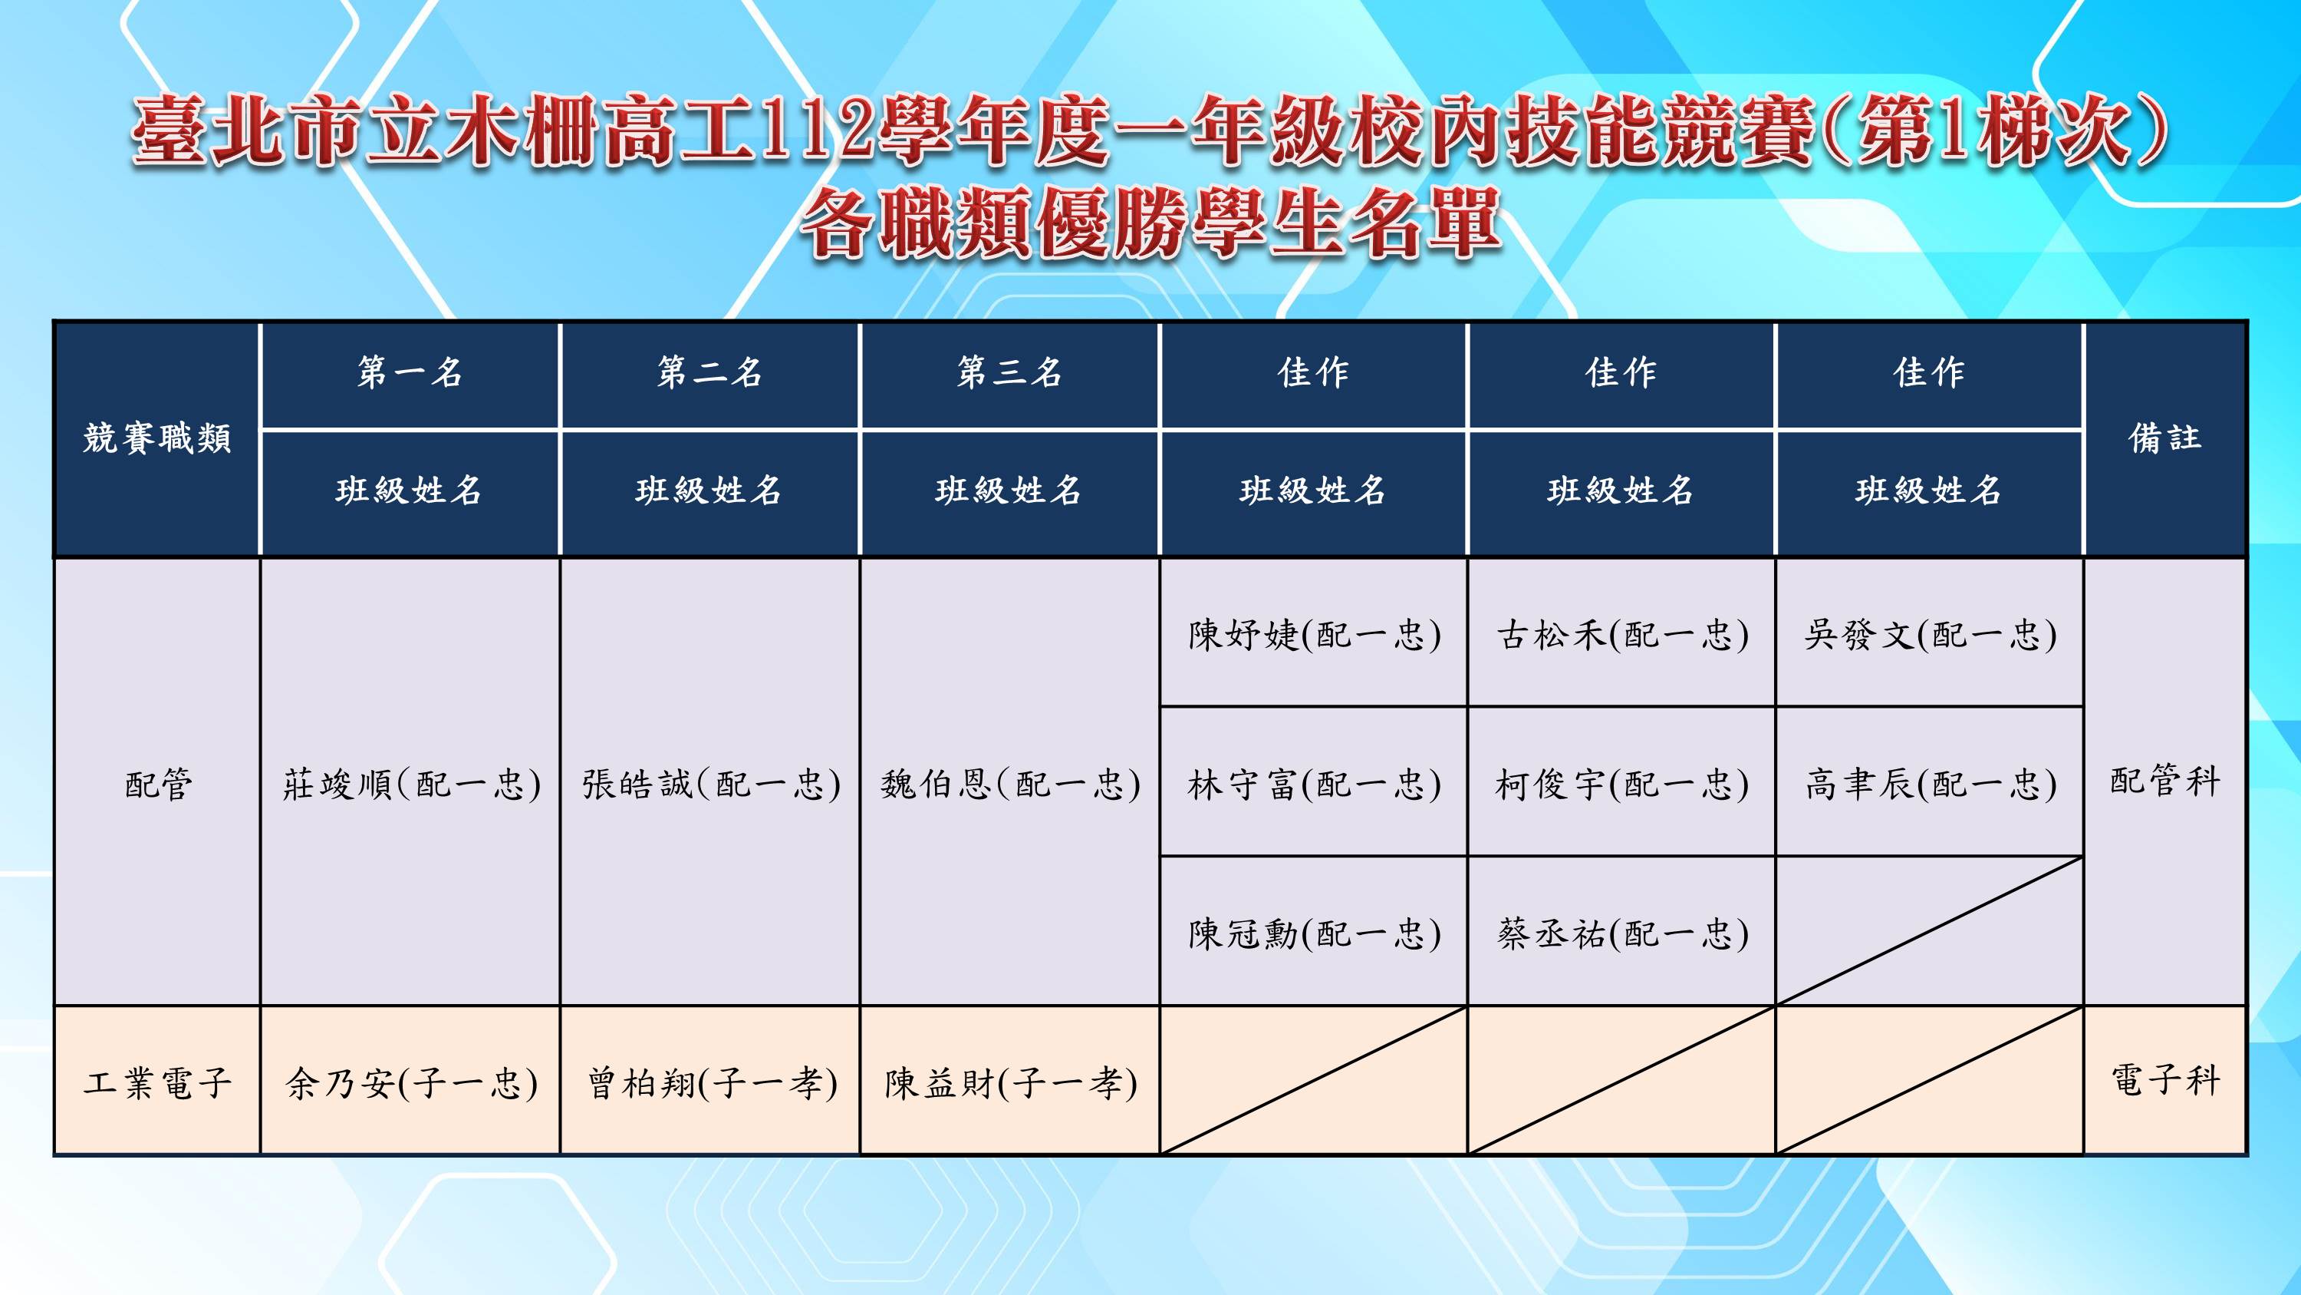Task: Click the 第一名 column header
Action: tap(410, 372)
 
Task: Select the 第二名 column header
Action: tap(710, 372)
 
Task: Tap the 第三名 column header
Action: tap(1009, 372)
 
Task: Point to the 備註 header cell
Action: tap(2164, 438)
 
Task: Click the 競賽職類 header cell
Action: tap(157, 438)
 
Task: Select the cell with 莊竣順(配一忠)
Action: tap(411, 784)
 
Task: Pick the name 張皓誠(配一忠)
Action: tap(711, 784)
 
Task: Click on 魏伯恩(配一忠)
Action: tap(1010, 784)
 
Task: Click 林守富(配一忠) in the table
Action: tap(1314, 784)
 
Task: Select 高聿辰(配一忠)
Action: tap(1931, 784)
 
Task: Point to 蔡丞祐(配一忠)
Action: tap(1622, 933)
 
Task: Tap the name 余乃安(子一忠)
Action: tap(411, 1082)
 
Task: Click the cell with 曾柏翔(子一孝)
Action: tap(711, 1082)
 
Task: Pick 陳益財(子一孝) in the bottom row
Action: tap(1010, 1082)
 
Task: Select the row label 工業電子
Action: tap(157, 1082)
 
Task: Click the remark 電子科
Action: tap(2164, 1079)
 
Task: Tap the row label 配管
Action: tap(158, 784)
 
